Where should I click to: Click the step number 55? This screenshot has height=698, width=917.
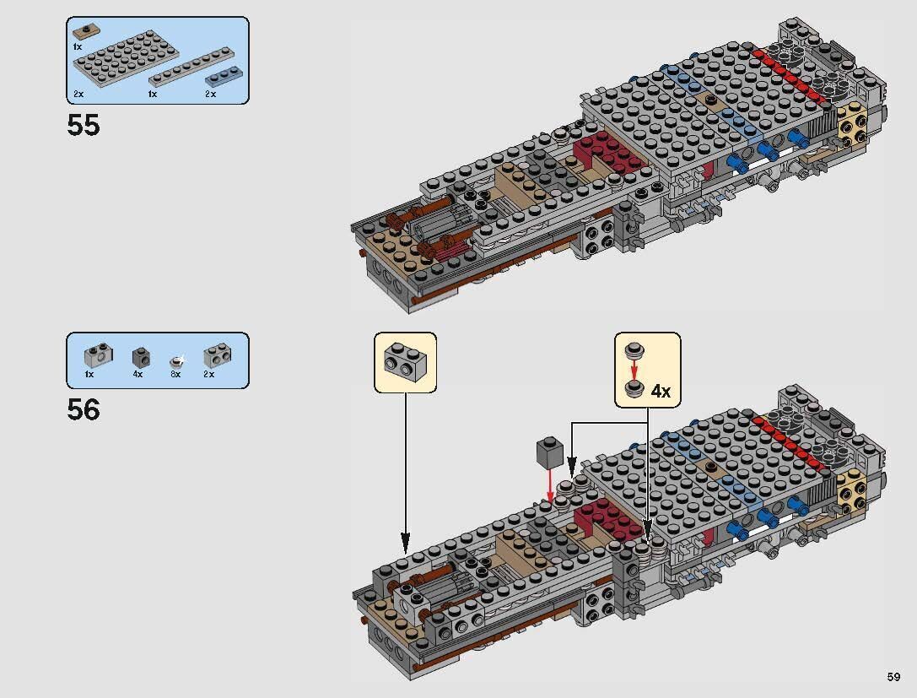[x=84, y=126]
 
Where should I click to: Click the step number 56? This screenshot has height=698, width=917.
[x=84, y=410]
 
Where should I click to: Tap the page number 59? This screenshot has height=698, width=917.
[x=893, y=676]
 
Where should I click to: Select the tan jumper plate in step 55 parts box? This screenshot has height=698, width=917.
[x=85, y=32]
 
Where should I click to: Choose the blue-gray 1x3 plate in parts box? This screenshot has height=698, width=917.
[x=223, y=78]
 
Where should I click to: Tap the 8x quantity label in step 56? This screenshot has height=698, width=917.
[x=175, y=374]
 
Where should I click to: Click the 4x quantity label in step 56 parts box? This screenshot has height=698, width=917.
[x=138, y=374]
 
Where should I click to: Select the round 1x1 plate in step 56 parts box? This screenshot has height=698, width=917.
[x=176, y=359]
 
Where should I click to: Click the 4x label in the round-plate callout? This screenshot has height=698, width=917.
[x=661, y=391]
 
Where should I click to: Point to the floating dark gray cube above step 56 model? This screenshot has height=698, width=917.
[x=548, y=452]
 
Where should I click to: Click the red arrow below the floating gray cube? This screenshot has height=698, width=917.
[x=550, y=484]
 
